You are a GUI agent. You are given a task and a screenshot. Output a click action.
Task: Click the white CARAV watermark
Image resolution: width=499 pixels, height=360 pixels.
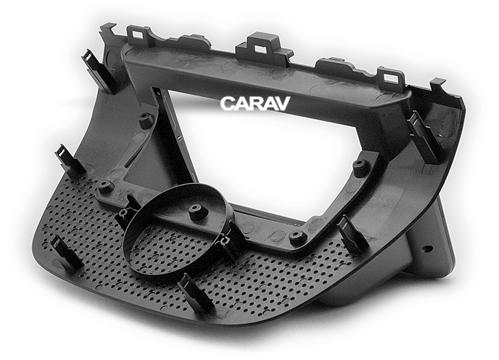click(x=254, y=104)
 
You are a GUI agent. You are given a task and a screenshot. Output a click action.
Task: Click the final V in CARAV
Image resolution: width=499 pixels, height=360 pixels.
click(x=282, y=104)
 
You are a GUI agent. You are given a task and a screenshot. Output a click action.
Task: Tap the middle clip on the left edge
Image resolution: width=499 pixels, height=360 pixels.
click(x=69, y=159)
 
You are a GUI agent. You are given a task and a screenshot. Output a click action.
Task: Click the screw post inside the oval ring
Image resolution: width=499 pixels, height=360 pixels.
click(x=198, y=211)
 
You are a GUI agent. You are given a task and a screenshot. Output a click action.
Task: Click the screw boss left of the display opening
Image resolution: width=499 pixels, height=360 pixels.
click(x=145, y=120)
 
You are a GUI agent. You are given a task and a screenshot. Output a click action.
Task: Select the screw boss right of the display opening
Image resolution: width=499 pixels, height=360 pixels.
click(x=361, y=167)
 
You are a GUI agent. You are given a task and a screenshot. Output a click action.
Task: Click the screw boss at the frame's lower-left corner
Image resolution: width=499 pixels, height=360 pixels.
click(x=106, y=186)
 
